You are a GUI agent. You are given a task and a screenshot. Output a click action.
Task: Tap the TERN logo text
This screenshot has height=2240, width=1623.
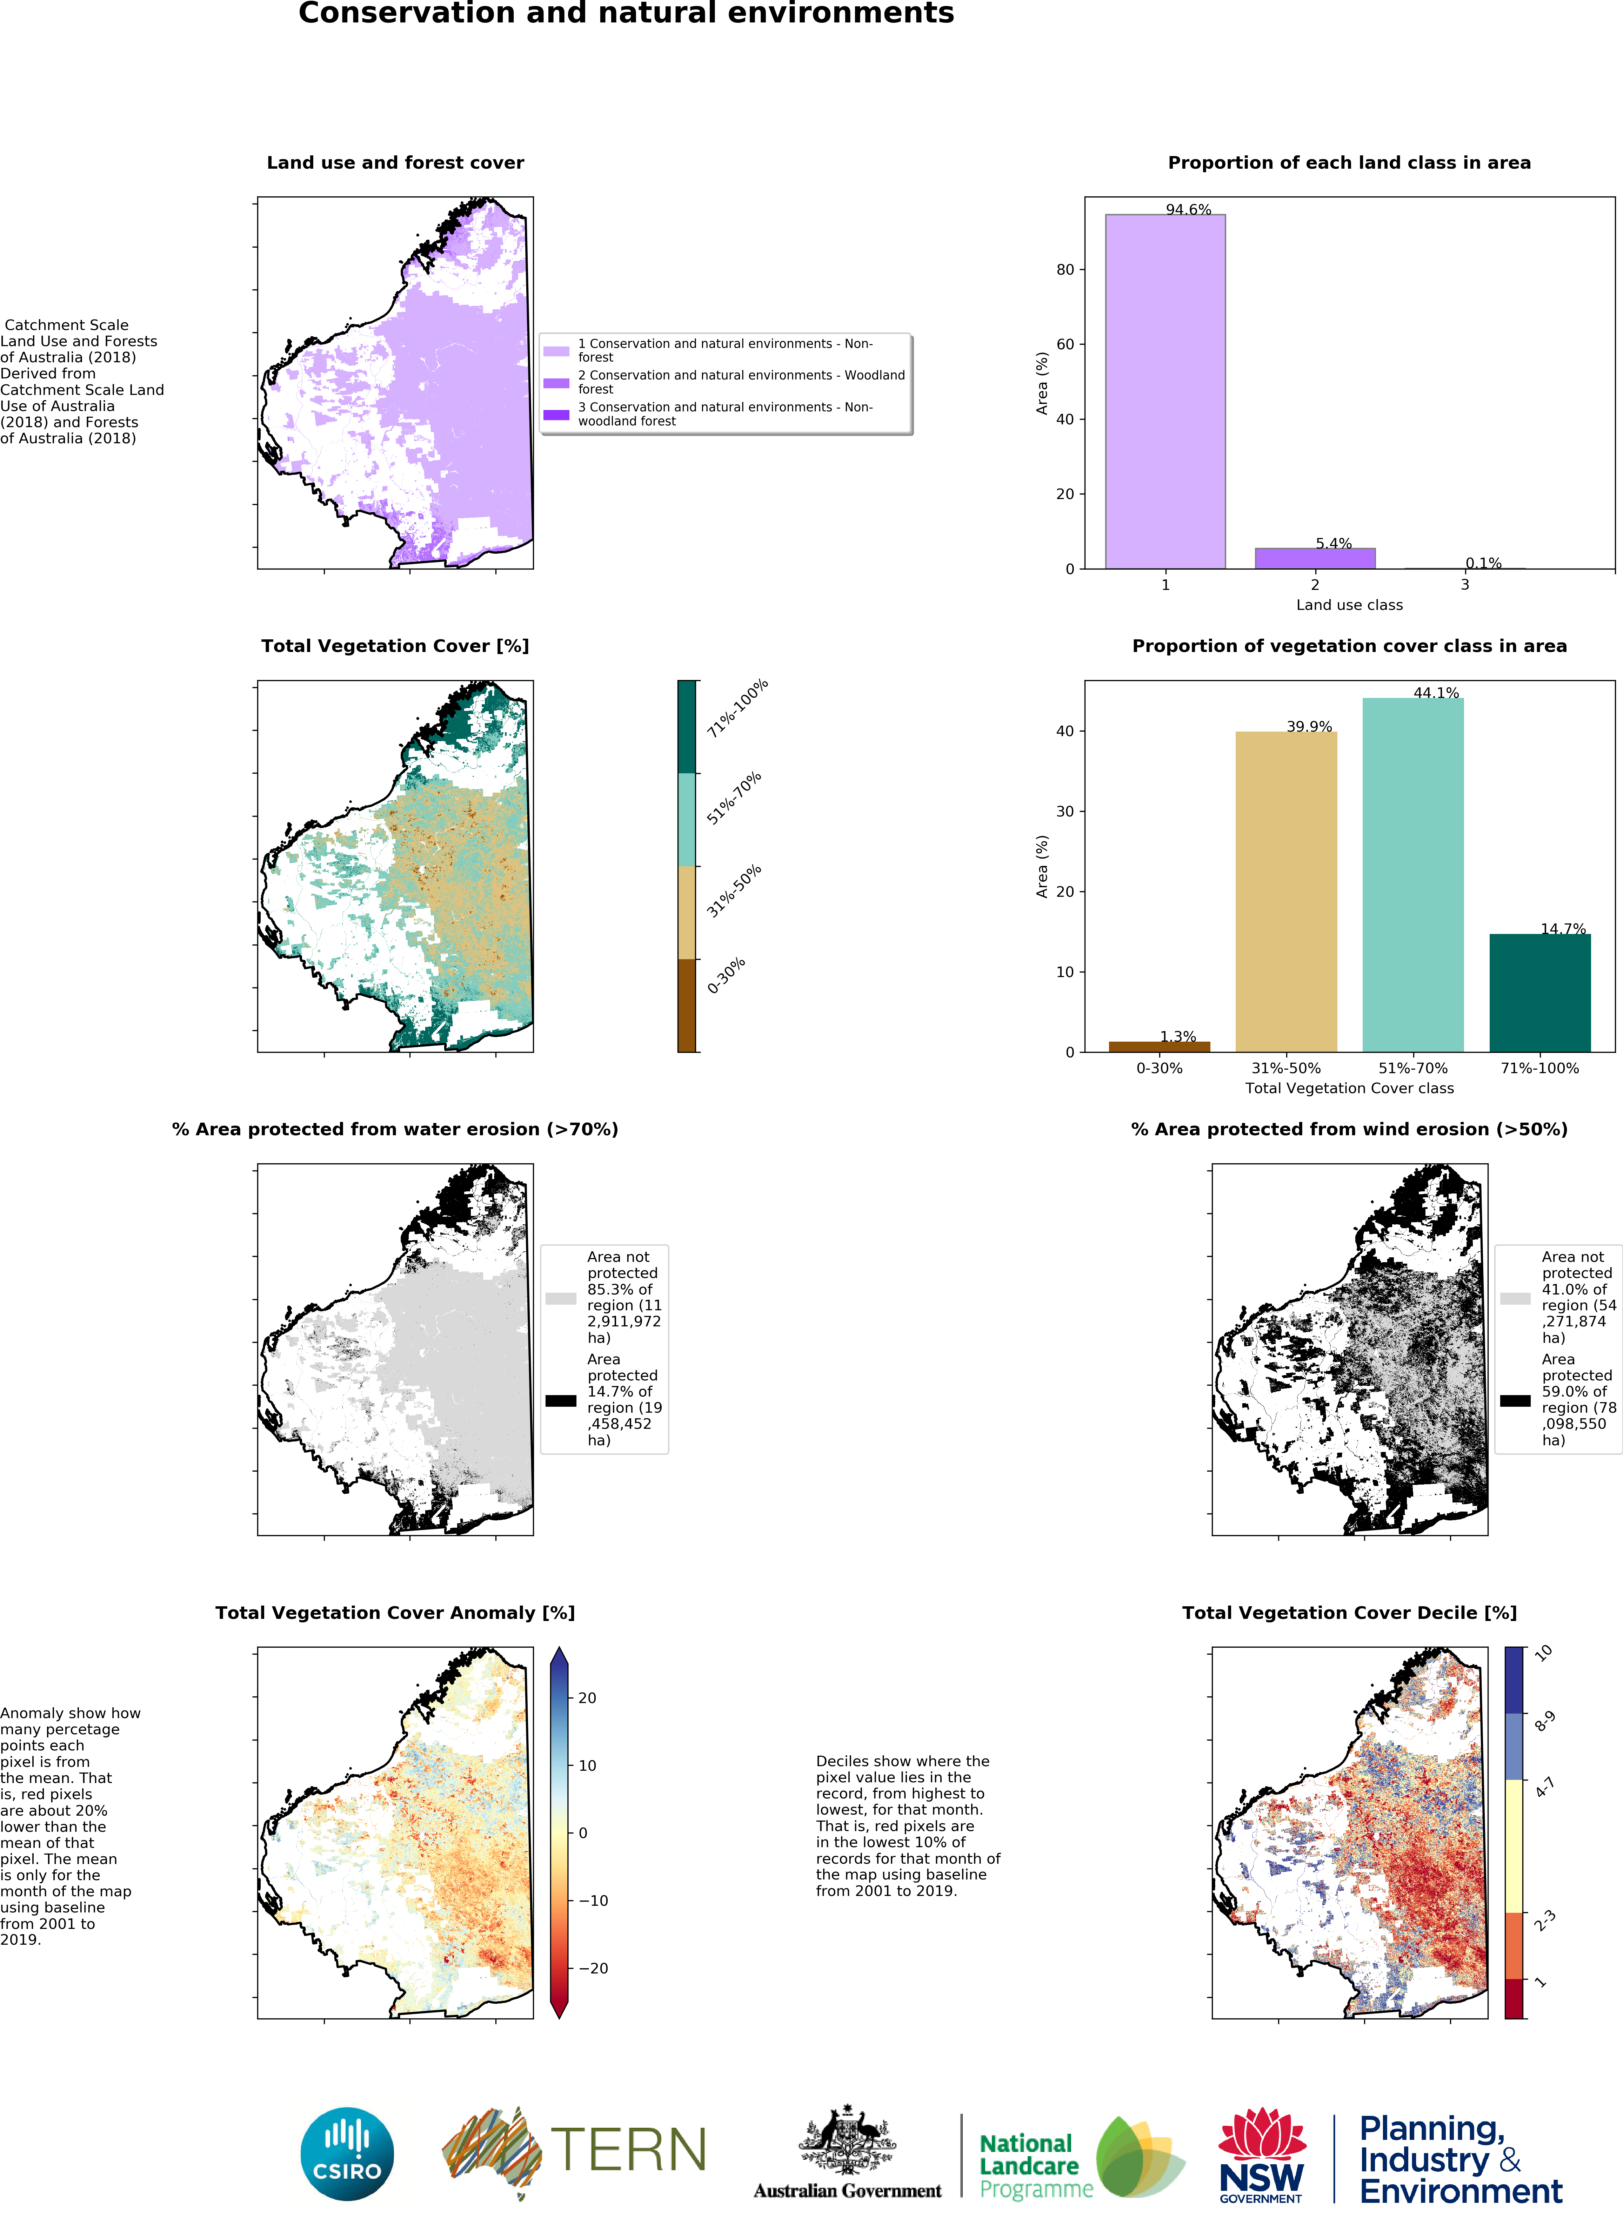click(x=628, y=2150)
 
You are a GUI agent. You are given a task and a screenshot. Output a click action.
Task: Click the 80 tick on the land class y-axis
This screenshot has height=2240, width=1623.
click(x=1065, y=270)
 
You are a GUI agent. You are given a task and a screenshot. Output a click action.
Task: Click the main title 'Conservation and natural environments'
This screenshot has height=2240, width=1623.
click(x=626, y=14)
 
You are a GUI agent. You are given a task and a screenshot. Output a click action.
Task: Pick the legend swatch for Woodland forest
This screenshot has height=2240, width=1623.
click(x=556, y=382)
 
